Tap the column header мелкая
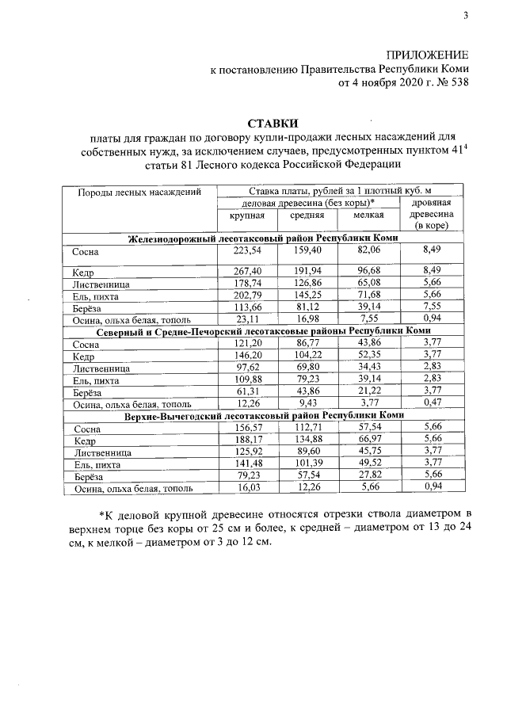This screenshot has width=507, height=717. [369, 215]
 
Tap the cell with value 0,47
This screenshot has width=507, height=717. [433, 402]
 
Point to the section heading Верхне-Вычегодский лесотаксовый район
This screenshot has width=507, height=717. [265, 414]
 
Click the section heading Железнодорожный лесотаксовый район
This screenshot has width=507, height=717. [265, 238]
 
